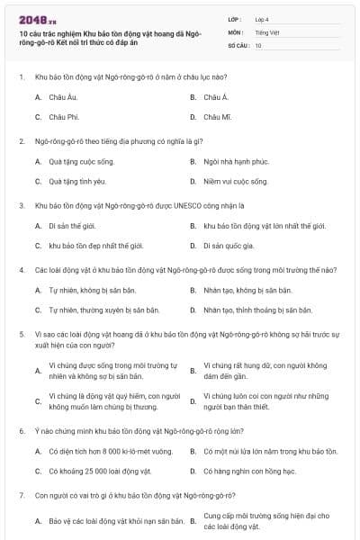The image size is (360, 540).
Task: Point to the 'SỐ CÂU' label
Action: [x=238, y=45]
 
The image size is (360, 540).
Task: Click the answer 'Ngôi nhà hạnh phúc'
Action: [x=237, y=162]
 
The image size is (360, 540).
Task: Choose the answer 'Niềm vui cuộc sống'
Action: [x=235, y=182]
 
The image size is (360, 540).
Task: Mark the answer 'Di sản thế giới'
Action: [x=71, y=226]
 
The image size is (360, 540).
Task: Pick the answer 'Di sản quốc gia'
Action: [x=229, y=246]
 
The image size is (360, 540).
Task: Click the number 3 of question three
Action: [x=21, y=205]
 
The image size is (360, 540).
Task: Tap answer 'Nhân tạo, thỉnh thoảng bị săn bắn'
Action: [x=257, y=310]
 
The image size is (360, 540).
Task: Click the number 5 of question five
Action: [x=21, y=334]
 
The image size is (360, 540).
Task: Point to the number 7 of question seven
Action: [x=21, y=495]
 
